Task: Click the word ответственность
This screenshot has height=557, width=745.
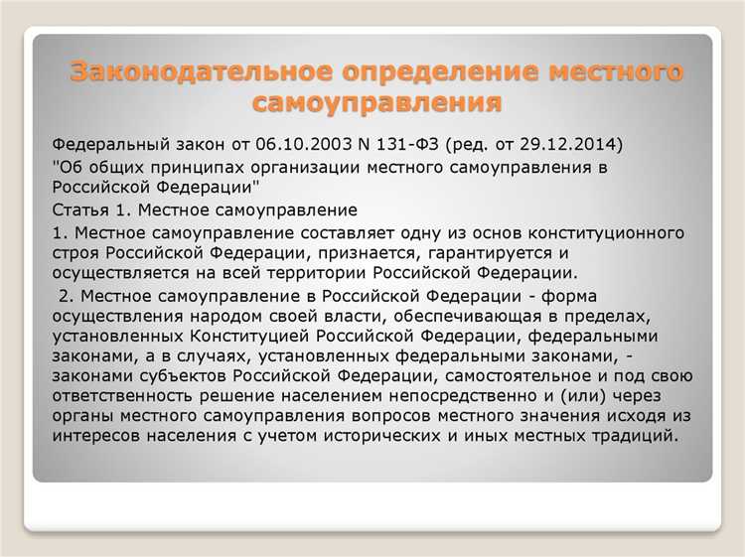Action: (128, 397)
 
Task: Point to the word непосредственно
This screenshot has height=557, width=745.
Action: (477, 397)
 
